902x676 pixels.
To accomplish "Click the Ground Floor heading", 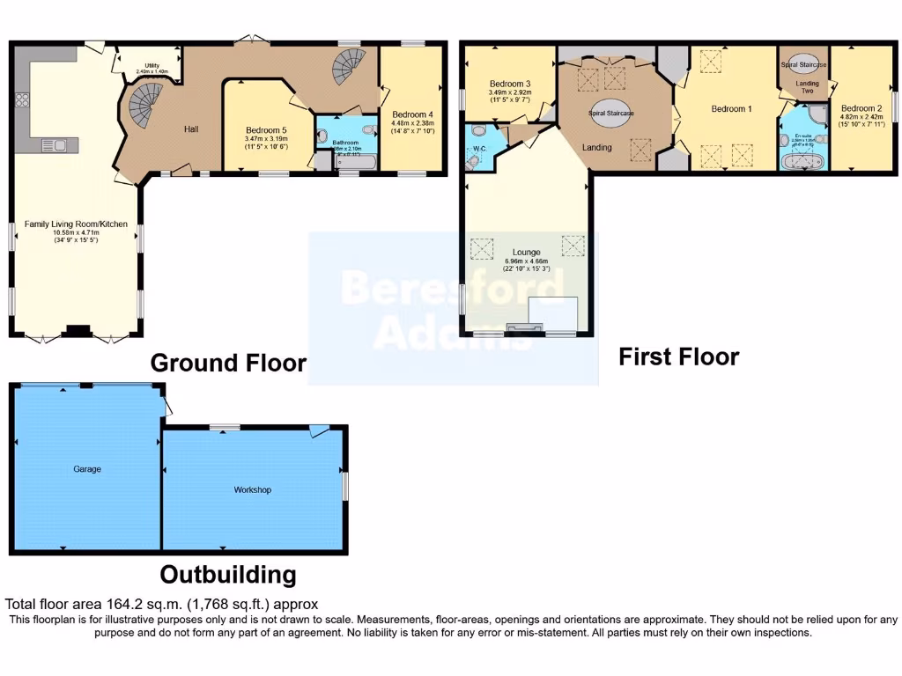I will pos(228,363).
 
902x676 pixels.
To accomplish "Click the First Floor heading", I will pos(678,356).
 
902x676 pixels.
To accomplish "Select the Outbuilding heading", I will pos(227,575).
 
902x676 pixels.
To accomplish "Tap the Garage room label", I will pos(87,469).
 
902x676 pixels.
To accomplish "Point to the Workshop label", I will pos(252,489).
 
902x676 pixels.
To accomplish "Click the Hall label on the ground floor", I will pos(191,129).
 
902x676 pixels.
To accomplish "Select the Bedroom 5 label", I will pos(267,130).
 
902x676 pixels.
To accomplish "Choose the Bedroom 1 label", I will pos(731,109).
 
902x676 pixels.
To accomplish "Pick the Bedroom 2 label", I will pos(861,107).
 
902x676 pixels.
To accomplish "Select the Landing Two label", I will pos(808,88).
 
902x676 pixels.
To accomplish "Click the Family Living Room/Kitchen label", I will pos(76,224).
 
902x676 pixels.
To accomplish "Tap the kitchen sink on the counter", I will pos(47,143).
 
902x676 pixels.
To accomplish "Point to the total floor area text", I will pos(161,604).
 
